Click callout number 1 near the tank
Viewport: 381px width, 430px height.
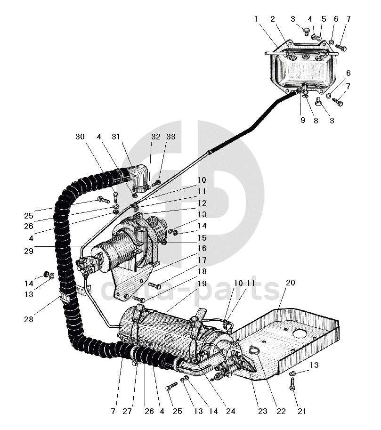pyautogui.click(x=256, y=19)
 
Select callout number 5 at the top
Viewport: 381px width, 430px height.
pyautogui.click(x=324, y=19)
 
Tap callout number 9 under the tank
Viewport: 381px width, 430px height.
pyautogui.click(x=302, y=121)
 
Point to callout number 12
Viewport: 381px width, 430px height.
pyautogui.click(x=201, y=204)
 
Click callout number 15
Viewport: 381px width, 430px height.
pyautogui.click(x=201, y=238)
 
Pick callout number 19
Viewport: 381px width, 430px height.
pyautogui.click(x=201, y=284)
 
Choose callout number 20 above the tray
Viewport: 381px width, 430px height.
pyautogui.click(x=290, y=283)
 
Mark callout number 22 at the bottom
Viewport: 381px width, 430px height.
pyautogui.click(x=281, y=412)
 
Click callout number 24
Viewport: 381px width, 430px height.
pyautogui.click(x=230, y=412)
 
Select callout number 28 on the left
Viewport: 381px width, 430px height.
pyautogui.click(x=29, y=320)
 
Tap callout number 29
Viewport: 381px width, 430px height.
pyautogui.click(x=29, y=251)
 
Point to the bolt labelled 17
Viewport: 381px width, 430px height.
pyautogui.click(x=155, y=285)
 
